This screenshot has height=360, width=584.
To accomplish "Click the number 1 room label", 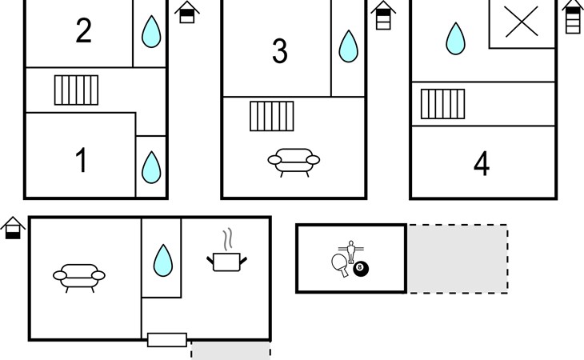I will pyautogui.click(x=81, y=161).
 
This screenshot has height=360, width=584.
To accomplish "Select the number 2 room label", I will pyautogui.click(x=83, y=31).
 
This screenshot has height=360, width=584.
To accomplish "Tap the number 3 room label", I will pyautogui.click(x=279, y=51).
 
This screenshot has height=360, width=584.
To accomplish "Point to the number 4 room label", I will pyautogui.click(x=481, y=164).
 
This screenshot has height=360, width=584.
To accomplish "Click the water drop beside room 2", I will pyautogui.click(x=150, y=33).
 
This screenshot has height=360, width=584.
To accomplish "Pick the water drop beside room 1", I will pyautogui.click(x=150, y=167).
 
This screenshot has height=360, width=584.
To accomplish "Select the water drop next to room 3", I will pyautogui.click(x=348, y=46).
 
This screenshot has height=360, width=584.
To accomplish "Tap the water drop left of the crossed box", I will pyautogui.click(x=455, y=38).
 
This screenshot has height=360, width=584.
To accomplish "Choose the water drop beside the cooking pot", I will pyautogui.click(x=163, y=259).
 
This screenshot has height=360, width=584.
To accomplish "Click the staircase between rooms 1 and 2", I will pyautogui.click(x=76, y=90).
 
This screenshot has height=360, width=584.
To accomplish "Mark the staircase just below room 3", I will pyautogui.click(x=271, y=115).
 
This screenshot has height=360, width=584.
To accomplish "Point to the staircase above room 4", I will pyautogui.click(x=443, y=103).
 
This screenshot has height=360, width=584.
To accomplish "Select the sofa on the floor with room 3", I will pyautogui.click(x=294, y=161).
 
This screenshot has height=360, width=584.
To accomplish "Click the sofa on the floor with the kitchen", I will pyautogui.click(x=79, y=276).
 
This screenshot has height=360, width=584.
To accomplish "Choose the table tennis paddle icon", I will pyautogui.click(x=340, y=264).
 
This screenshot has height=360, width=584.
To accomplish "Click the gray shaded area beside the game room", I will pyautogui.click(x=458, y=258).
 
